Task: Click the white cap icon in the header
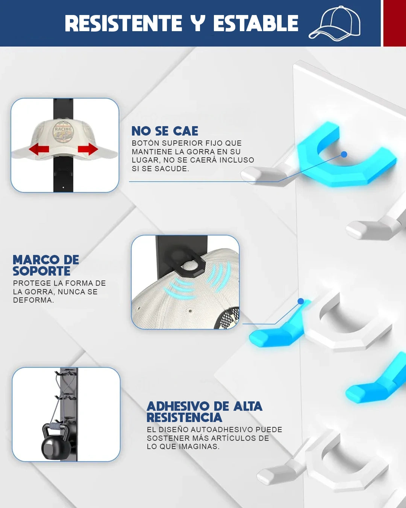pyautogui.click(x=335, y=24)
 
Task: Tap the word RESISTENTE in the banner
pyautogui.click(x=123, y=23)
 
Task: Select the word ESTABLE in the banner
pyautogui.click(x=256, y=23)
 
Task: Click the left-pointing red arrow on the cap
pyautogui.click(x=39, y=149)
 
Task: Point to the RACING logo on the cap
pyautogui.click(x=63, y=132)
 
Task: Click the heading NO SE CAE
pyautogui.click(x=165, y=131)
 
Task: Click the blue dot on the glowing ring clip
pyautogui.click(x=344, y=154)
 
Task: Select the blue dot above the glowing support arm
pyautogui.click(x=301, y=301)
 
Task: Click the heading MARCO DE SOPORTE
pyautogui.click(x=46, y=265)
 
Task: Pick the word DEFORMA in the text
pyautogui.click(x=33, y=300)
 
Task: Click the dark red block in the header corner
pyautogui.click(x=395, y=23)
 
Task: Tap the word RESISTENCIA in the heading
pyautogui.click(x=184, y=418)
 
